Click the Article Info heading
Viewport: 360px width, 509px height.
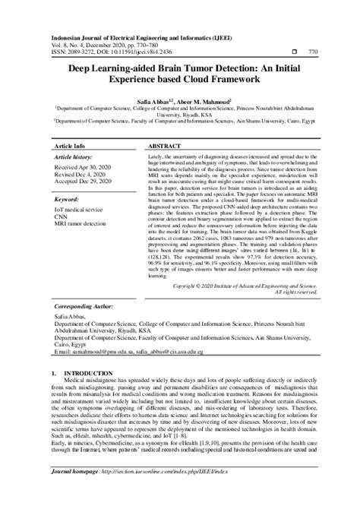tap(69, 144)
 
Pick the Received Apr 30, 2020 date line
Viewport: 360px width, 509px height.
tap(83, 167)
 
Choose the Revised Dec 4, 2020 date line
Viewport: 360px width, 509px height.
tap(81, 175)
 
